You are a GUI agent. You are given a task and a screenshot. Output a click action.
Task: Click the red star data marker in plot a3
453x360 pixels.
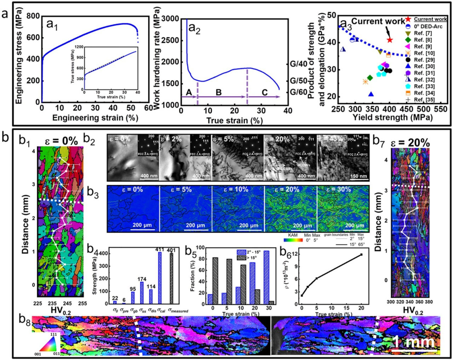tap(390, 40)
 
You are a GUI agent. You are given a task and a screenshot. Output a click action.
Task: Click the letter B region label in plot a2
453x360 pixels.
tap(219, 92)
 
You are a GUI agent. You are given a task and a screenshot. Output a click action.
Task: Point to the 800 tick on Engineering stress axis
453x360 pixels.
tap(33, 16)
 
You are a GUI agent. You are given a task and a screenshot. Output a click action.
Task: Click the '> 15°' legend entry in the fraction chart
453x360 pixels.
tap(250, 258)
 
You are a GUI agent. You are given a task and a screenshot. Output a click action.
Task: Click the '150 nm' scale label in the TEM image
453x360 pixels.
tap(358, 176)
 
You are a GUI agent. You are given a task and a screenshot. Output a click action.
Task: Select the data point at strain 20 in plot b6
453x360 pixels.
tap(361, 255)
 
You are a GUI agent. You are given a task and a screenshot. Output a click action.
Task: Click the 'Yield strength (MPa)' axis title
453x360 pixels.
tap(392, 118)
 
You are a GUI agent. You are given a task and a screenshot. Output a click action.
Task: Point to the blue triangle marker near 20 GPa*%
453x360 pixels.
tap(371, 94)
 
